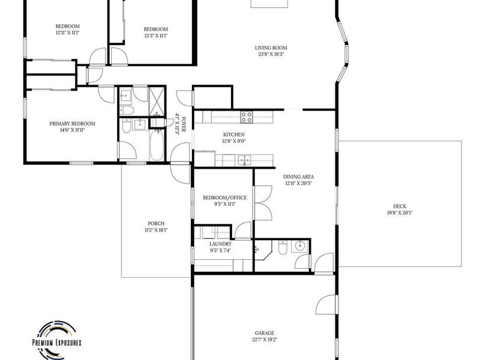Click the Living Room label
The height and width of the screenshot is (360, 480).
point(271,48)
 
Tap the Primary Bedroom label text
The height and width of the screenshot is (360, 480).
point(72,124)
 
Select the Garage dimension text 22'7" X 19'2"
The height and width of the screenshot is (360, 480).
point(265,340)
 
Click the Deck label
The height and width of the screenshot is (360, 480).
point(400,206)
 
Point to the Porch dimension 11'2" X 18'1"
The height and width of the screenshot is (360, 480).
point(156,230)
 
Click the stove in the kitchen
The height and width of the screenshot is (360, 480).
point(247,117)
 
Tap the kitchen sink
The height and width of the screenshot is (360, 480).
point(245,160)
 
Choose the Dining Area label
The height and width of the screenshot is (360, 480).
point(298,176)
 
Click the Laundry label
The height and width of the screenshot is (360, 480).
point(220,244)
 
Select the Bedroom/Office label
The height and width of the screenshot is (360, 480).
point(224,198)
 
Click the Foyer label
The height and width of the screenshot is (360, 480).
point(184,124)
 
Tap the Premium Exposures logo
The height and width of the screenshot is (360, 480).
point(57,340)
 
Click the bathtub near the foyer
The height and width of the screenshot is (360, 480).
point(157,145)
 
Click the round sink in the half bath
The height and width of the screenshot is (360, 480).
point(299,246)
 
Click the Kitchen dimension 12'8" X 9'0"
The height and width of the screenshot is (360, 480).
point(234,141)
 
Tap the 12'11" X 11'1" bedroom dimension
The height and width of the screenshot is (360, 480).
point(67,32)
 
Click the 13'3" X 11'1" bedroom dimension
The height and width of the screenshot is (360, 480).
point(156,36)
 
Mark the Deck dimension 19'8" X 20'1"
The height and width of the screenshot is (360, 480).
point(400,213)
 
